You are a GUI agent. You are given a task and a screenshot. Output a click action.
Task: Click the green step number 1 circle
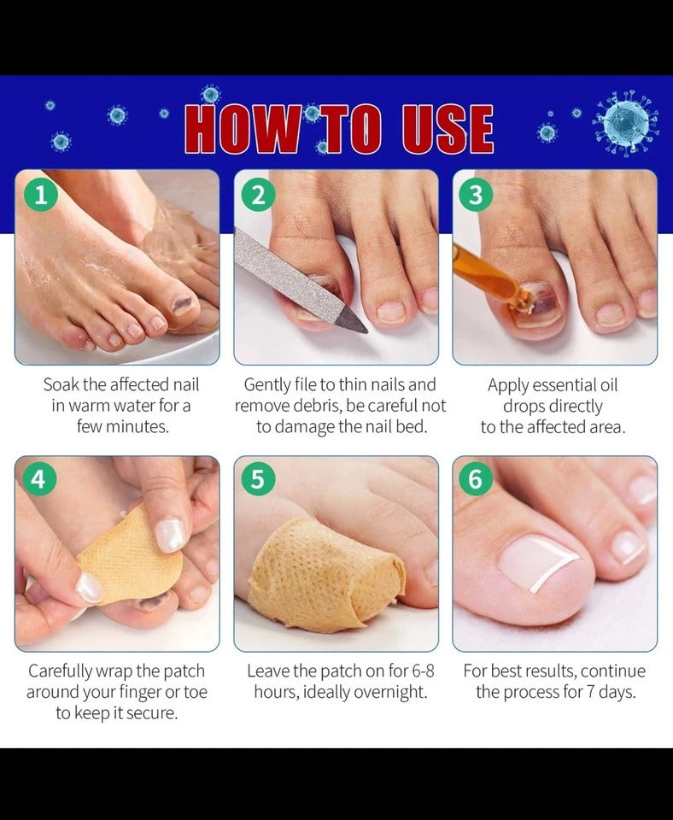(x=40, y=195)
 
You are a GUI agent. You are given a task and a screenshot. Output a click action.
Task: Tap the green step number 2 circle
(x=258, y=195)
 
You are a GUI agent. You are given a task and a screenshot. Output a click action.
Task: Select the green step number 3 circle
(x=476, y=195)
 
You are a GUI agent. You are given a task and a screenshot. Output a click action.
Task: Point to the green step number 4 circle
(x=38, y=478)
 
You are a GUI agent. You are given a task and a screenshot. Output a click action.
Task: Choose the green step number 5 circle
(x=258, y=478)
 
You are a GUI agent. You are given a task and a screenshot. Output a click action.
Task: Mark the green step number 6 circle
(x=476, y=478)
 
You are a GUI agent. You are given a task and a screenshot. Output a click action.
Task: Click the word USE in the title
(x=448, y=129)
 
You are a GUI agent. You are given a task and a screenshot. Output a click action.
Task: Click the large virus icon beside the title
(x=625, y=123)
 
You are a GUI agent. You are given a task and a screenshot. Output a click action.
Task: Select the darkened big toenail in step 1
(x=184, y=304)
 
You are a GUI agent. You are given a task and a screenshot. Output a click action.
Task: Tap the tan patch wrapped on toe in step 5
(x=325, y=574)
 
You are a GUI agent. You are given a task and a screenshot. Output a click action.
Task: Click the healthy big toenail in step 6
(x=539, y=562)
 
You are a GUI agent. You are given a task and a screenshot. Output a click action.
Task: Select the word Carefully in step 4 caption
(x=60, y=671)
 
